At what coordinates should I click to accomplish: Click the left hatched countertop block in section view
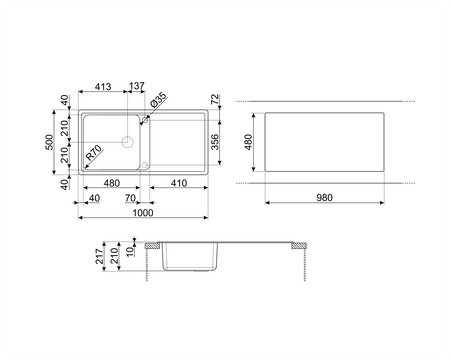(152, 246)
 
